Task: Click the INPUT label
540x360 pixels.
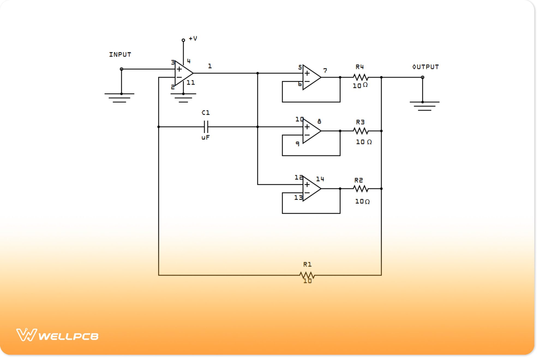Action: point(120,55)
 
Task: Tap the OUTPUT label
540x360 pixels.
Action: point(425,67)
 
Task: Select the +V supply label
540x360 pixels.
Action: point(193,38)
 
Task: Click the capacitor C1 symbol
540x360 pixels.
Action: point(206,127)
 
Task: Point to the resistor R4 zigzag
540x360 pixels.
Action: point(361,77)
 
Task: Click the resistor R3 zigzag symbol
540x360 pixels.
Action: point(361,131)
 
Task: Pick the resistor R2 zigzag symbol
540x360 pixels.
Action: point(361,189)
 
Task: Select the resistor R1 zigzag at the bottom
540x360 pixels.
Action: point(307,275)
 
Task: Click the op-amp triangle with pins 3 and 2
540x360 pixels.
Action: point(183,73)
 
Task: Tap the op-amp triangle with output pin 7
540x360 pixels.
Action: point(311,77)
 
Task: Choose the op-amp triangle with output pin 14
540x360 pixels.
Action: point(311,189)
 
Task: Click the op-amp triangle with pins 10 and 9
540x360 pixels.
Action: point(311,131)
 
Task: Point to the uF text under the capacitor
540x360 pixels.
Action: point(206,138)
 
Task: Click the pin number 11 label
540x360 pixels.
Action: point(191,83)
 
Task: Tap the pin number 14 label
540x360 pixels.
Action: point(320,179)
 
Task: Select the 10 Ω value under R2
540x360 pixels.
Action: point(362,202)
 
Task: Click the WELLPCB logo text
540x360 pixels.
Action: point(68,336)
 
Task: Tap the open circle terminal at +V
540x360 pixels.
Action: point(183,40)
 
